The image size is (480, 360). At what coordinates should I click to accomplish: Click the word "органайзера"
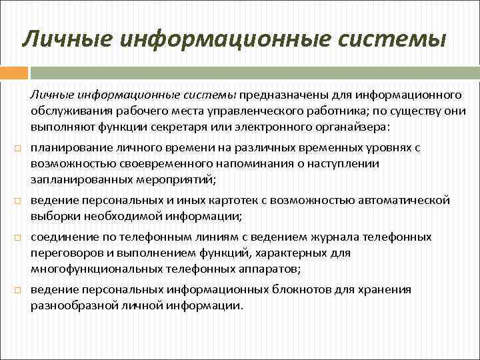coord(351,126)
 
